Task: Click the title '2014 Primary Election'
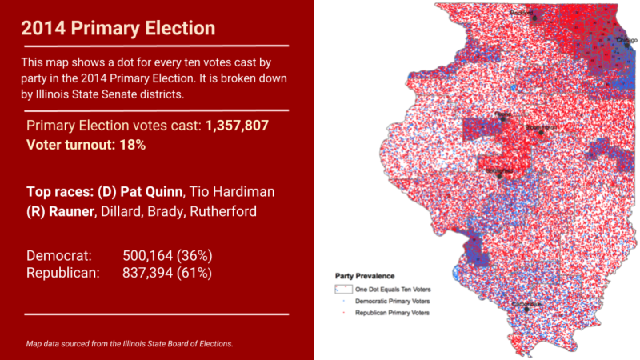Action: point(118,28)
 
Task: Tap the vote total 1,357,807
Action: point(237,126)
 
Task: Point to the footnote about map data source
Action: point(130,343)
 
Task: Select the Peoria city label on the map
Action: point(504,114)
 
